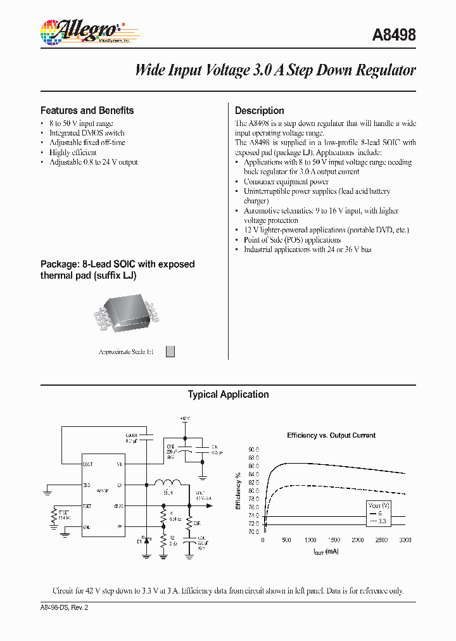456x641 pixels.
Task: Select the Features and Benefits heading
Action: (x=87, y=110)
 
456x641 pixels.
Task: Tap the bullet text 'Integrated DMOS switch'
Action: (x=87, y=133)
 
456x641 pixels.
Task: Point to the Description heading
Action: (x=259, y=110)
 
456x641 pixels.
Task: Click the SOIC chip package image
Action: (x=125, y=312)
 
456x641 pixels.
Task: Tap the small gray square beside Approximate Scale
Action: (x=170, y=352)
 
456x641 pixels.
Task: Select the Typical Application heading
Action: (x=228, y=395)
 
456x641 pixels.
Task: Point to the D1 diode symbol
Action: (x=146, y=540)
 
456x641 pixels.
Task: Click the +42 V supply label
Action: (x=185, y=419)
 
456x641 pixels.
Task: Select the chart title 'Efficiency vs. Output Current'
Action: (x=331, y=435)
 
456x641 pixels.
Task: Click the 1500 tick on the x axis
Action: (x=333, y=540)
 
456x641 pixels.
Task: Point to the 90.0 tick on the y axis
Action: (x=253, y=449)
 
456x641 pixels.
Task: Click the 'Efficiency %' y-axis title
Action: (x=238, y=491)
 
